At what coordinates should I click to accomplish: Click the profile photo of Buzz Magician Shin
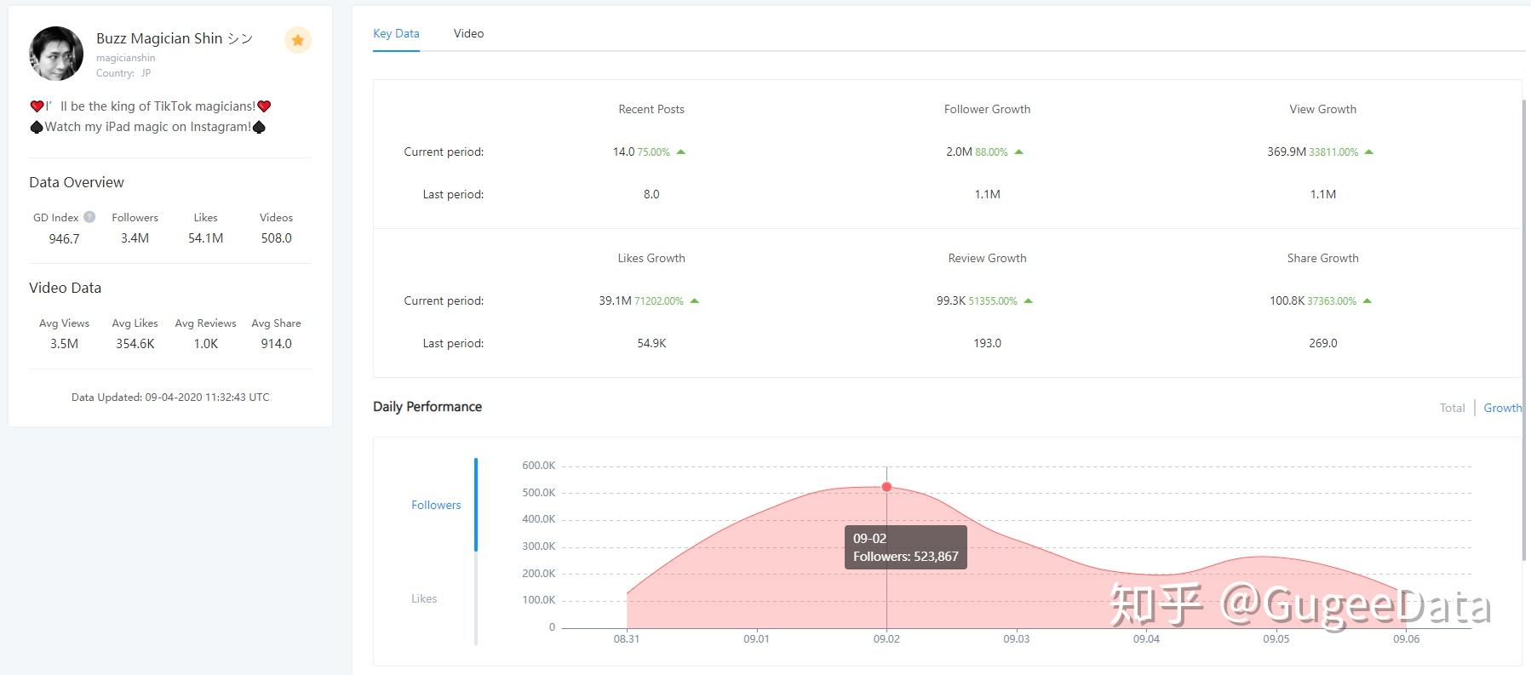click(x=56, y=54)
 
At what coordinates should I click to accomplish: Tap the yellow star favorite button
click(x=297, y=40)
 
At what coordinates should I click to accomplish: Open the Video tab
click(x=468, y=33)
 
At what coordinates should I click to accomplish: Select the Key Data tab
click(x=396, y=33)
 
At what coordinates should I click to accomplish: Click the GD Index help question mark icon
click(x=89, y=217)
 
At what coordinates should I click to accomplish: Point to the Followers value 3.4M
click(x=135, y=238)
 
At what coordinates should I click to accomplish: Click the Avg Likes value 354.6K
click(x=135, y=344)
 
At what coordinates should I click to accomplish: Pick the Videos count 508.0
click(x=276, y=238)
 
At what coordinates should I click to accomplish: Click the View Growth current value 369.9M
click(x=1286, y=152)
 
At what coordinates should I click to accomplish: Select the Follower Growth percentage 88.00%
click(x=991, y=152)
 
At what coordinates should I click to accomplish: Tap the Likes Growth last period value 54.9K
click(x=651, y=343)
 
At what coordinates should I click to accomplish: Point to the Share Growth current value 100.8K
click(x=1287, y=300)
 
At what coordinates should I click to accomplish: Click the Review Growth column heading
click(x=987, y=258)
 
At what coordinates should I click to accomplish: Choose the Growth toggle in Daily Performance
click(x=1502, y=408)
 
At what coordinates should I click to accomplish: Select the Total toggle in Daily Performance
click(x=1452, y=408)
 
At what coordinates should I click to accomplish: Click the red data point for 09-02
click(x=886, y=487)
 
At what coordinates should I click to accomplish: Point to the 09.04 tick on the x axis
click(x=1146, y=638)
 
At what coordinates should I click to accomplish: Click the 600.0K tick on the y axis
click(x=538, y=466)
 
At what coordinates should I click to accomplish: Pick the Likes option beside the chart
click(x=424, y=598)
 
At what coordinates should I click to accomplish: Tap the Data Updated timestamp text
click(x=170, y=397)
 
